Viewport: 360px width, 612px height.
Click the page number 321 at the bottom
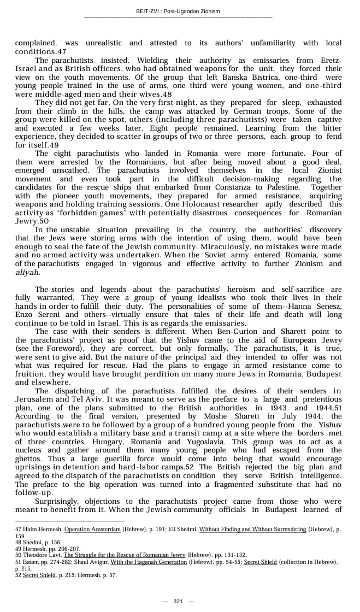tap(178, 601)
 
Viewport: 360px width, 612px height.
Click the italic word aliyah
tap(27, 272)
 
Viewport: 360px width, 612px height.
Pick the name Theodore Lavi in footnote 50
tap(42, 555)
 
